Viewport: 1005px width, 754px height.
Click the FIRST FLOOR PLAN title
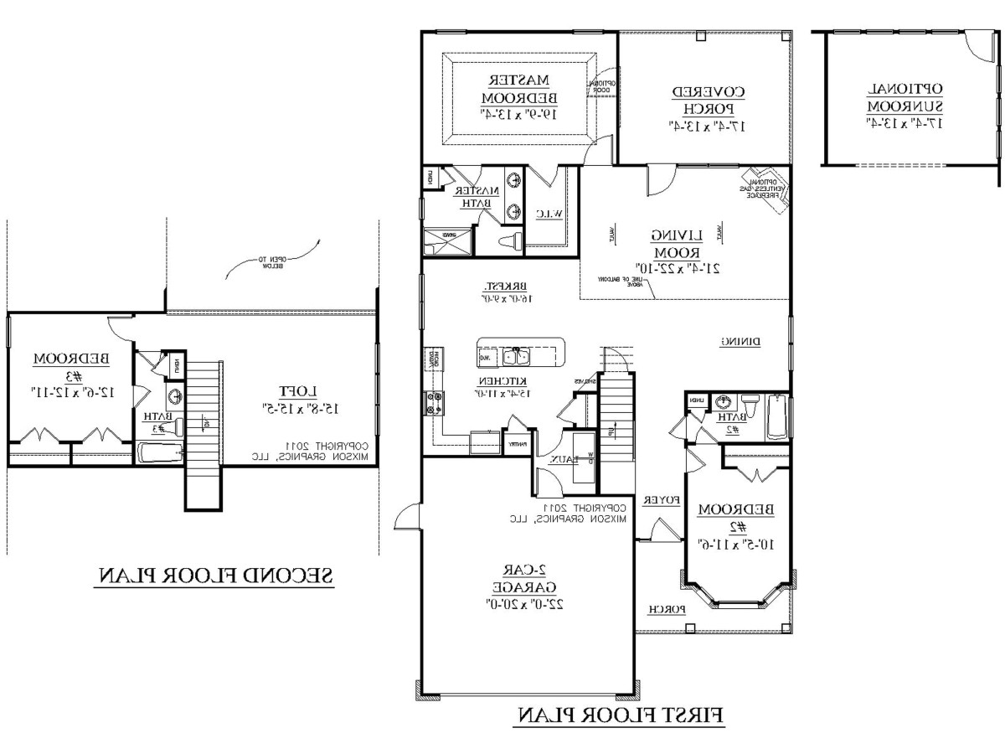pyautogui.click(x=619, y=715)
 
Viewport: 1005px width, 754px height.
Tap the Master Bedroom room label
pyautogui.click(x=518, y=96)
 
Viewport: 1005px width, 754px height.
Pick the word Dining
pyautogui.click(x=740, y=342)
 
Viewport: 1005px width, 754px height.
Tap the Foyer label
pyautogui.click(x=660, y=501)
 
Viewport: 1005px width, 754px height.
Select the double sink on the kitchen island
pyautogui.click(x=517, y=358)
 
